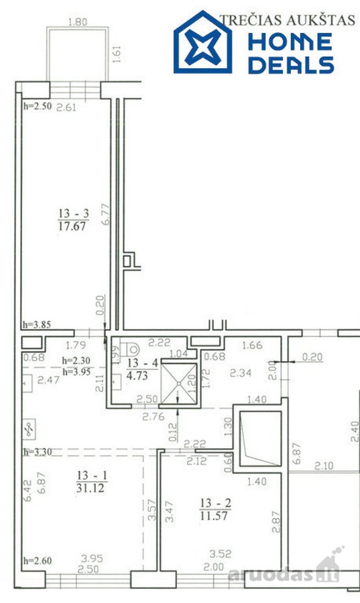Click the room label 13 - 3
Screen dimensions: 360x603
click(x=74, y=213)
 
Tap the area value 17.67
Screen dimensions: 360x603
click(x=72, y=226)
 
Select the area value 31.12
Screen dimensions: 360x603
click(x=91, y=488)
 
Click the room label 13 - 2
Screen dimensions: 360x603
click(x=215, y=503)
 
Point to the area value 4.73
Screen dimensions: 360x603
click(x=137, y=375)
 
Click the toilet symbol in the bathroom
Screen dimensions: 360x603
click(x=129, y=350)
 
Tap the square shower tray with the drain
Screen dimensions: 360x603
click(x=179, y=383)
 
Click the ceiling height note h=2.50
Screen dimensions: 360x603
click(x=38, y=106)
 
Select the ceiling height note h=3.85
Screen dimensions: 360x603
click(x=37, y=324)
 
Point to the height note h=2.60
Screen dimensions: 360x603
click(x=38, y=561)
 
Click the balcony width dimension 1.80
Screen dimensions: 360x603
click(x=78, y=22)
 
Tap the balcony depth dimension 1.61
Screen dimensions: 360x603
click(x=117, y=54)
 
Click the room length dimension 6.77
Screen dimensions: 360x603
click(x=106, y=214)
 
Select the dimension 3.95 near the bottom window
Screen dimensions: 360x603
click(x=92, y=558)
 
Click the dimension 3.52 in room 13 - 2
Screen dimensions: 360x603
click(x=221, y=554)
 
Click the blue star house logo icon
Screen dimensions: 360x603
click(x=202, y=42)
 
